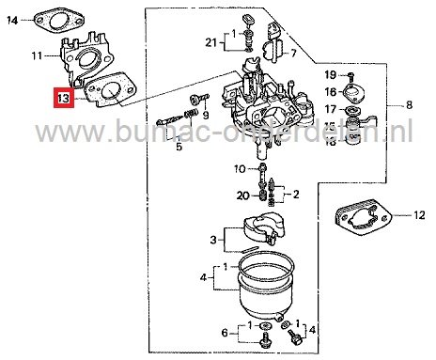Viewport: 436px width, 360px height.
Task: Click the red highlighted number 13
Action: click(63, 98)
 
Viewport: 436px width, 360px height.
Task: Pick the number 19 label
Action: click(331, 74)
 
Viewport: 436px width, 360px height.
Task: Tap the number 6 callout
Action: click(223, 332)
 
